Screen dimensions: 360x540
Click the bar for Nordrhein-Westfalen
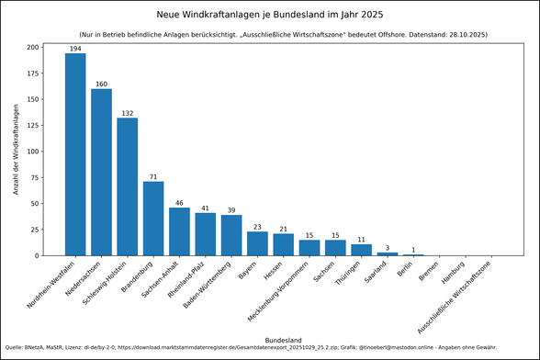(x=75, y=154)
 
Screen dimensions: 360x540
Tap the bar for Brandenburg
(x=153, y=219)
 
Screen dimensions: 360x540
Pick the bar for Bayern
(x=258, y=243)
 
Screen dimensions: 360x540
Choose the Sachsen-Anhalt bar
(x=179, y=231)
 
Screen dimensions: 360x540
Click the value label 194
(x=75, y=47)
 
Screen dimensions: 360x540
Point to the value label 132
(x=128, y=113)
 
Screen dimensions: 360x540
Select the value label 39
(x=231, y=209)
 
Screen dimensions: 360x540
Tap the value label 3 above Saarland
(x=388, y=247)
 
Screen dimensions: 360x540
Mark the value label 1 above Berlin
(x=413, y=249)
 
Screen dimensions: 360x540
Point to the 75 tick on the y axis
(x=36, y=177)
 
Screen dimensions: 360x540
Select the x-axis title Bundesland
(x=283, y=340)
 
